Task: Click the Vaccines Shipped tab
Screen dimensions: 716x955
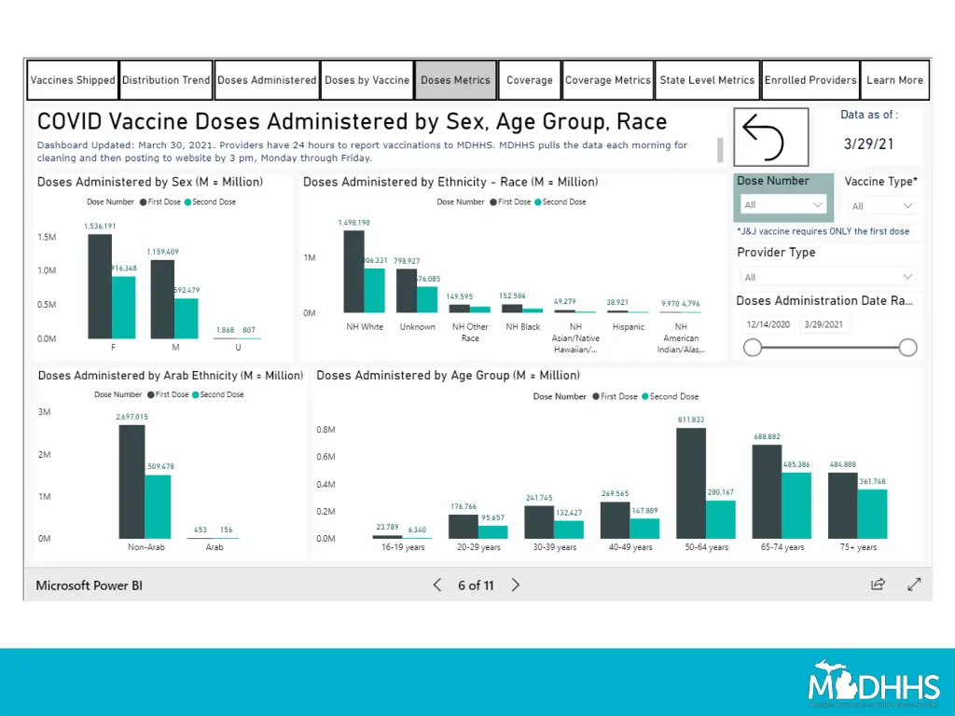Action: click(73, 80)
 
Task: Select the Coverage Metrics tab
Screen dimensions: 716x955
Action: click(608, 80)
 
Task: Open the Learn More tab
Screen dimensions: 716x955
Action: click(894, 80)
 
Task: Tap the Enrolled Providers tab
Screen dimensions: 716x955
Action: click(810, 80)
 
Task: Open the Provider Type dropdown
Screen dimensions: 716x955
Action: click(827, 277)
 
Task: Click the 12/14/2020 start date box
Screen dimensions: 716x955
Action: click(768, 324)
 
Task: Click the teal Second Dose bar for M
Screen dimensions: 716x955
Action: click(187, 318)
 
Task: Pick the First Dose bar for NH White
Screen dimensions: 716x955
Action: click(353, 271)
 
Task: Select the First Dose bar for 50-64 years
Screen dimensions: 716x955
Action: click(691, 483)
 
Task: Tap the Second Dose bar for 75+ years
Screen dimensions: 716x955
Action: click(873, 514)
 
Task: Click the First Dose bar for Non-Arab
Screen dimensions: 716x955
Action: click(131, 481)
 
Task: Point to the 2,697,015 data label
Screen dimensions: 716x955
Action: click(131, 417)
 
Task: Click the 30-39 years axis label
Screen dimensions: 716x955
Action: click(554, 547)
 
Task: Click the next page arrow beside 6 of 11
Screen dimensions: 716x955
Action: click(516, 585)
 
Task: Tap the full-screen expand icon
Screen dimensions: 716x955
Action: click(914, 585)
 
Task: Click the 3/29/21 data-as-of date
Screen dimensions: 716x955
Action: click(868, 145)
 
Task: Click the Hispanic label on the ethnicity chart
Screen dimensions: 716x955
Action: click(628, 327)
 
